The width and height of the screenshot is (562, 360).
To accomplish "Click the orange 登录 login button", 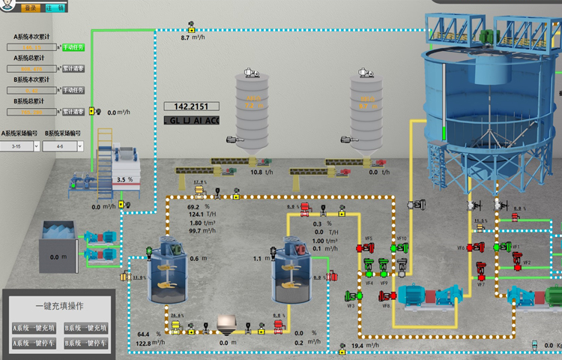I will pos(31,8).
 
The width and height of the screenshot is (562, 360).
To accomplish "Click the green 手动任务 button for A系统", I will pos(73,46).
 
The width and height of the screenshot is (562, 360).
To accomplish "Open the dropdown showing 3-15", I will pos(21,147).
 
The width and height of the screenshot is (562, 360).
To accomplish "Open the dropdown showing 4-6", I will pos(64,147).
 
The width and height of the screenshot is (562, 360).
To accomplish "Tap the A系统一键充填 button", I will pos(34,328).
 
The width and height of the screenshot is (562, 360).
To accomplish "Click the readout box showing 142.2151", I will pos(191,106).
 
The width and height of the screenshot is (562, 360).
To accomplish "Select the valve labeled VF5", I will pos(369,248).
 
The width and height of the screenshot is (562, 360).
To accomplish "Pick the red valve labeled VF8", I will pos(384,296).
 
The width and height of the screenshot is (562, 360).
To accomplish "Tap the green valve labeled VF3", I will pos(350,296).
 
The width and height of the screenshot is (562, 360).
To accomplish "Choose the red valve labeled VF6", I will pos(472,248).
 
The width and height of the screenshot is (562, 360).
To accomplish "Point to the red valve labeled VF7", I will pos(482,274).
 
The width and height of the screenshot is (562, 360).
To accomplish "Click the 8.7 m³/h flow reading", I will pos(195,37).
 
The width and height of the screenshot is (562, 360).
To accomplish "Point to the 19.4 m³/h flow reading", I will pos(367,346).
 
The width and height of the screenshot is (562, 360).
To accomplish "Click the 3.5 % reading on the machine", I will pos(124,180).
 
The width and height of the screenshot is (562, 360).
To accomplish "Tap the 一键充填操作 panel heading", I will pos(59,306).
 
